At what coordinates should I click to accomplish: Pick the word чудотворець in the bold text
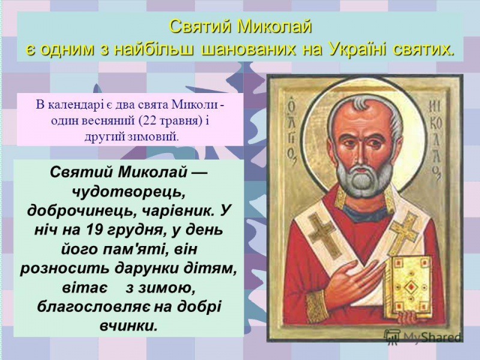pyautogui.click(x=126, y=191)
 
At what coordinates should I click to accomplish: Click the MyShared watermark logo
pyautogui.click(x=423, y=337)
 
